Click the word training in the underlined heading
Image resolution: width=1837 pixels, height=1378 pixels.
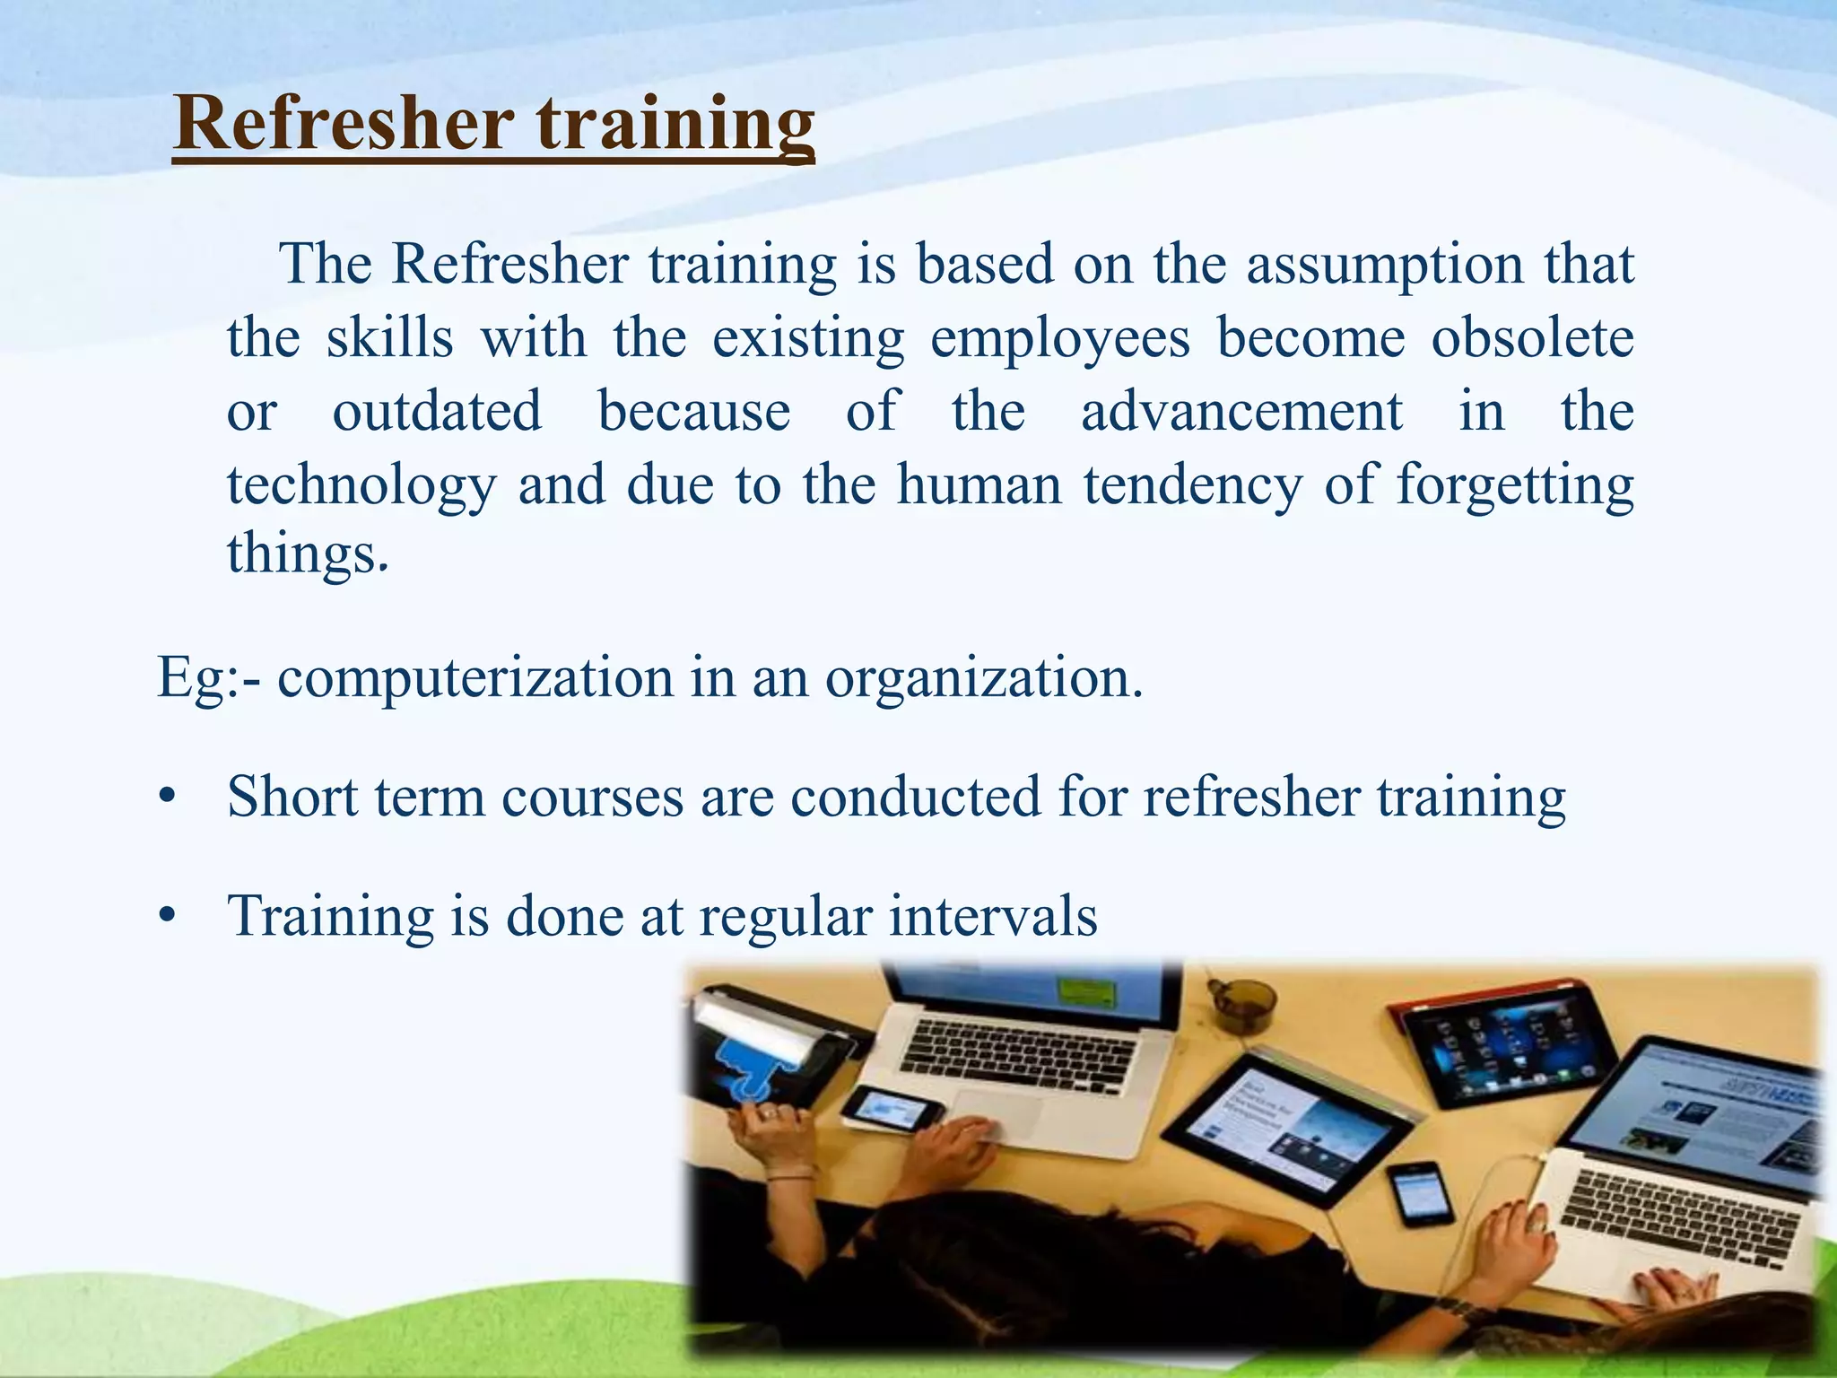pyautogui.click(x=675, y=126)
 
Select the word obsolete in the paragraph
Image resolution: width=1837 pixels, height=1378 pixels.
pyautogui.click(x=1532, y=338)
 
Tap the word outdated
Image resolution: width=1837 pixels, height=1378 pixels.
pyautogui.click(x=437, y=412)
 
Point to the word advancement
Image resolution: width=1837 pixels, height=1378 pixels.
pyautogui.click(x=1241, y=412)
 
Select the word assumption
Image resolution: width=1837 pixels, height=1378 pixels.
pyautogui.click(x=1384, y=266)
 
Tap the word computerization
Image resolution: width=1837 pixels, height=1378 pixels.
pyautogui.click(x=474, y=678)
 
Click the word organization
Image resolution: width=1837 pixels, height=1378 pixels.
pyautogui.click(x=983, y=678)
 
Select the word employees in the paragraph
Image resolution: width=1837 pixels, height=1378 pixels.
pyautogui.click(x=1060, y=340)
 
